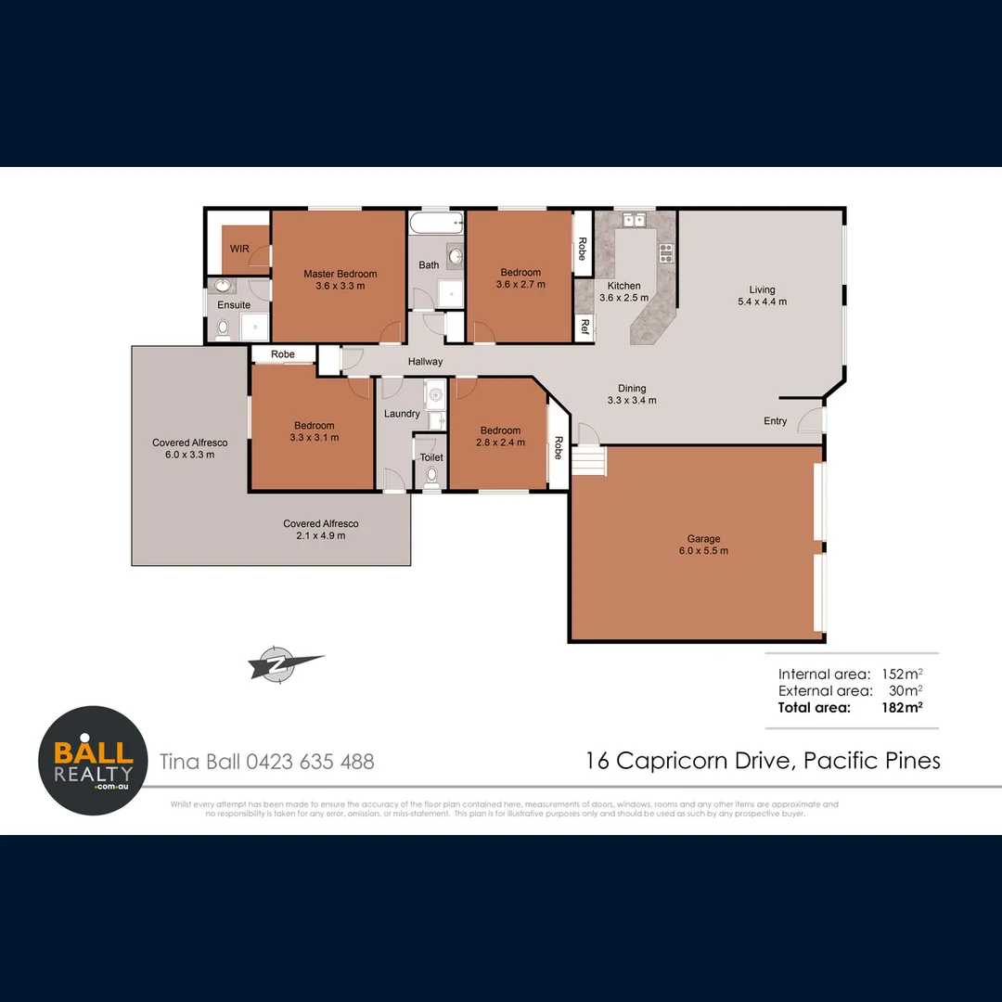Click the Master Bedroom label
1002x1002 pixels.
point(340,274)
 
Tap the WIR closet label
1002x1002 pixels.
point(239,249)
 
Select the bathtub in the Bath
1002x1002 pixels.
point(436,224)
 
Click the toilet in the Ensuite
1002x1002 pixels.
point(223,328)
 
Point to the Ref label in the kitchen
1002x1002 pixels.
point(584,326)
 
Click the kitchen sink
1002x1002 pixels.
point(635,221)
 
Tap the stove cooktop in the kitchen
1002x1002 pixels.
point(665,252)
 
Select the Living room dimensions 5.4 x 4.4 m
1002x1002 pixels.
point(762,302)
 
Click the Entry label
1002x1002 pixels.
point(775,421)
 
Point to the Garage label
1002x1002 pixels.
point(703,539)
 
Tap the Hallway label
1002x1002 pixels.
point(425,362)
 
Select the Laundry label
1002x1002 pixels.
point(402,414)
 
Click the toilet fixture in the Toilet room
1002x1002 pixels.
point(431,477)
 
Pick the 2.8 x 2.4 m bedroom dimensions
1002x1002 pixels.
point(500,443)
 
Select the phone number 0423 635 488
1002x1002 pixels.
point(310,762)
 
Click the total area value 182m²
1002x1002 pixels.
point(901,708)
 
